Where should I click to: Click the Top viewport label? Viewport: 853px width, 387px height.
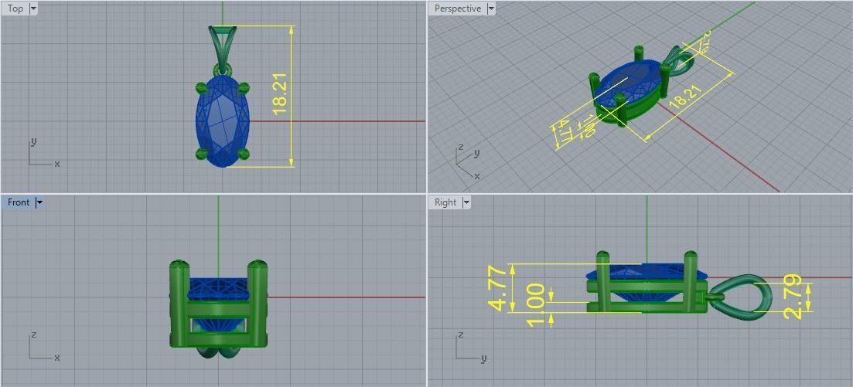click(15, 8)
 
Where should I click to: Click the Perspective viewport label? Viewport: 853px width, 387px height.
click(457, 8)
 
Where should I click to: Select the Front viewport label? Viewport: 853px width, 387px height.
click(18, 202)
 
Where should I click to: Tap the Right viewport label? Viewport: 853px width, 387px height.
click(445, 202)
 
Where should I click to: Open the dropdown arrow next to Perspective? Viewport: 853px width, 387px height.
click(491, 8)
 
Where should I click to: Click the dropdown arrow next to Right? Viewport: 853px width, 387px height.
click(466, 202)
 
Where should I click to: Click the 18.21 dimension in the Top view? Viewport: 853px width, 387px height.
click(280, 94)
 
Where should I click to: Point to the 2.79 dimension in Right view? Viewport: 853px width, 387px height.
click(793, 297)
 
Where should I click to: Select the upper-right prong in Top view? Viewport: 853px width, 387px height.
click(244, 87)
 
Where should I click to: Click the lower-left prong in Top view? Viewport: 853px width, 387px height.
click(202, 154)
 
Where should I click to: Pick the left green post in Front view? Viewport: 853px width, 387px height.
click(179, 304)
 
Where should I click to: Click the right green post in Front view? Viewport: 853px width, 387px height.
click(259, 304)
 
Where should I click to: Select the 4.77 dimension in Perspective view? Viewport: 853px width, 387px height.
click(564, 132)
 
